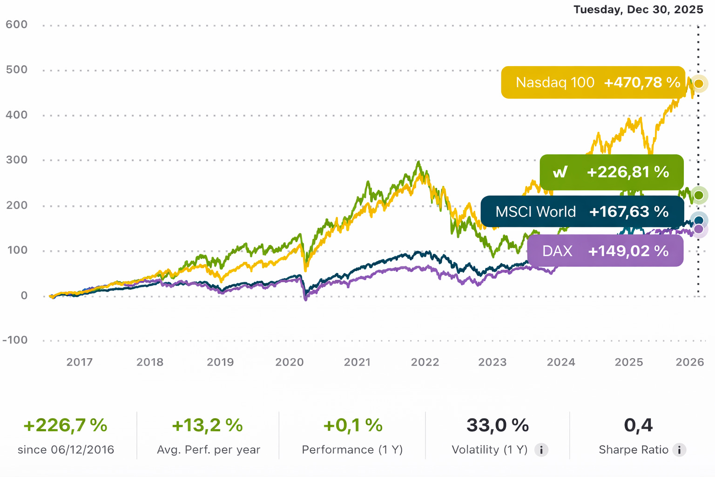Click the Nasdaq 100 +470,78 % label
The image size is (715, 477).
pyautogui.click(x=593, y=82)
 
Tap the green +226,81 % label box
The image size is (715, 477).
pyautogui.click(x=611, y=172)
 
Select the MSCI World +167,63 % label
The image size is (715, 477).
pyautogui.click(x=582, y=211)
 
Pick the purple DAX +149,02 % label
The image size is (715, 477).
pyautogui.click(x=605, y=251)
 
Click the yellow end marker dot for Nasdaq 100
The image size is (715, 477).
pyautogui.click(x=699, y=84)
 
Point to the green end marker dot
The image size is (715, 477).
pyautogui.click(x=699, y=195)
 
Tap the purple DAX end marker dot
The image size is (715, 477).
pyautogui.click(x=699, y=229)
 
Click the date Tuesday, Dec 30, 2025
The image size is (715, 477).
pyautogui.click(x=638, y=10)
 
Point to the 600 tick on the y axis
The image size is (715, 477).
pyautogui.click(x=17, y=24)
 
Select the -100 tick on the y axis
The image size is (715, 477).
pyautogui.click(x=15, y=340)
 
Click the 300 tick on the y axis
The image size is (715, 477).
pyautogui.click(x=17, y=160)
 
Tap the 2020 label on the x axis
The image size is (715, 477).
pyautogui.click(x=289, y=362)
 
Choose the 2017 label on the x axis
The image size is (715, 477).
pyautogui.click(x=80, y=362)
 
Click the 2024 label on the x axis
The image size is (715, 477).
pyautogui.click(x=561, y=362)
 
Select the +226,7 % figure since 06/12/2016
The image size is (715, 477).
pyautogui.click(x=65, y=425)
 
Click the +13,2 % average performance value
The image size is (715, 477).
pyautogui.click(x=208, y=425)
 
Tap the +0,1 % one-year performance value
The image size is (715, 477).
pyautogui.click(x=353, y=425)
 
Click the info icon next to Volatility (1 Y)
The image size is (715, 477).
pyautogui.click(x=541, y=450)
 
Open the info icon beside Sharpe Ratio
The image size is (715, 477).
pyautogui.click(x=679, y=450)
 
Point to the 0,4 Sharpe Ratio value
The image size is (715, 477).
pyautogui.click(x=638, y=425)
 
